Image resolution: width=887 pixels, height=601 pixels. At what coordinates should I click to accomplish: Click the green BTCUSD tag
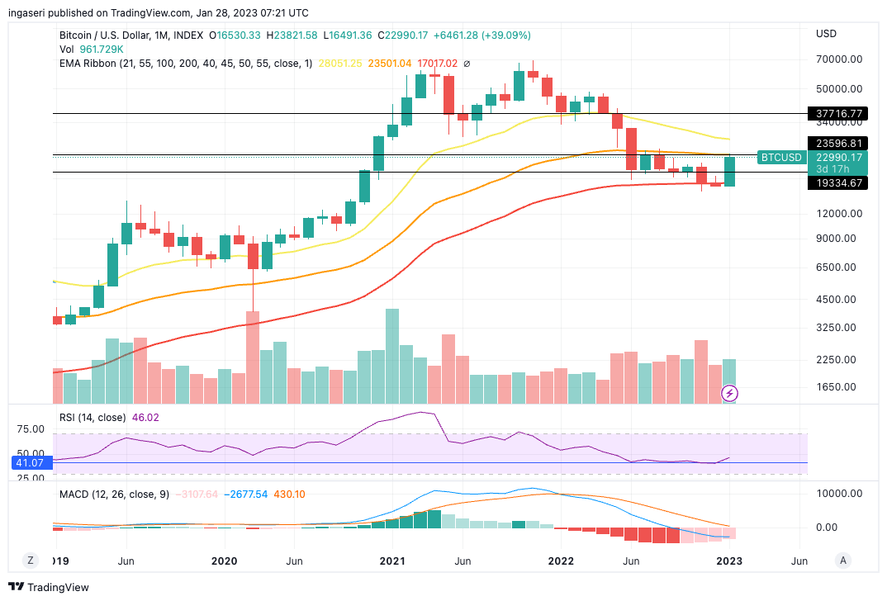click(781, 157)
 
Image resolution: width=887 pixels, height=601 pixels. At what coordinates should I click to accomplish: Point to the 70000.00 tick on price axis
click(839, 59)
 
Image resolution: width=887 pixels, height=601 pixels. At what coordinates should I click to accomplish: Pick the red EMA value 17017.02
click(437, 64)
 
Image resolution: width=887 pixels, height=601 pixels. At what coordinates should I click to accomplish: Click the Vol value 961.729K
click(100, 50)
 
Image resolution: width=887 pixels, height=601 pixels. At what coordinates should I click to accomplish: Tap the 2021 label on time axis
click(392, 561)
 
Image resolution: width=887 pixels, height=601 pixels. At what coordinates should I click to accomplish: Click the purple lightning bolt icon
click(730, 394)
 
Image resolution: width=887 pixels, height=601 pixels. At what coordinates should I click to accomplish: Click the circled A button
click(843, 560)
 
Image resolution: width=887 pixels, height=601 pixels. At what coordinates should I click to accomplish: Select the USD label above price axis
click(826, 34)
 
